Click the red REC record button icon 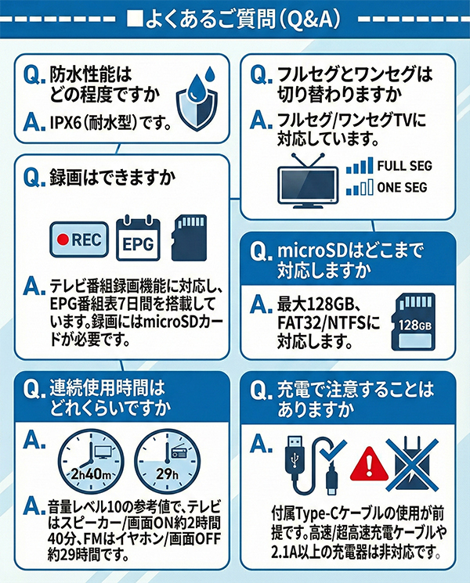[79, 239]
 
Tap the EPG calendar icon [138, 238]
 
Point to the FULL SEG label [404, 166]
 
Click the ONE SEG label [402, 187]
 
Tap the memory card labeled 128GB [413, 322]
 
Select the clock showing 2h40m [91, 462]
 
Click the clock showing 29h [167, 462]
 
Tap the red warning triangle [368, 463]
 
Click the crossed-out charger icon [412, 464]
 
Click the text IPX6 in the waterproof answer [66, 123]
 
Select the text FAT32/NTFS [322, 322]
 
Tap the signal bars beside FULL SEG [360, 166]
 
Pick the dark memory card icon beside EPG [189, 238]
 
